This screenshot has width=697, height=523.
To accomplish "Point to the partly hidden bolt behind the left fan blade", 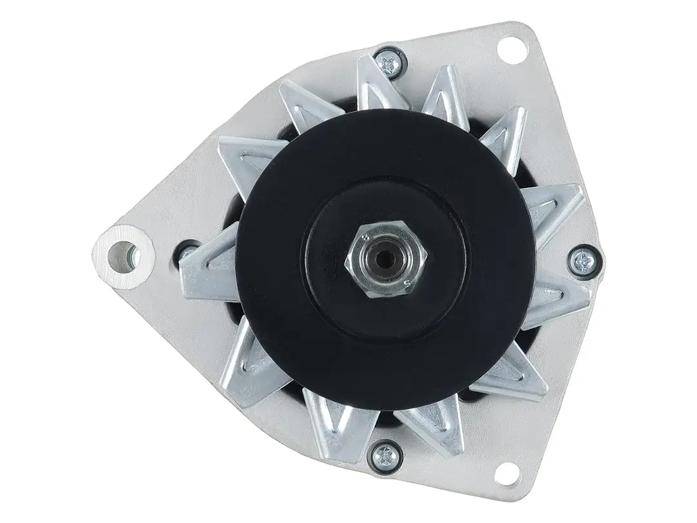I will point(190,251).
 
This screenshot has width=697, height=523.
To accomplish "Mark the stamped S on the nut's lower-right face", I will point(405,282).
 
